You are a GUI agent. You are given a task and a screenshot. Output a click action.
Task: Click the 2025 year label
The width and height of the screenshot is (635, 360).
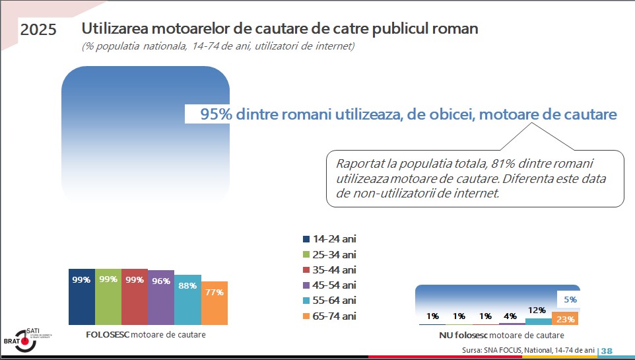pos(38,30)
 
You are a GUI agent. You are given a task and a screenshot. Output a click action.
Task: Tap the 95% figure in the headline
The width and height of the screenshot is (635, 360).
pos(216,114)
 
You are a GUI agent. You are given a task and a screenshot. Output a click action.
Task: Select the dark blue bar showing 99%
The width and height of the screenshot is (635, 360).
pos(81,297)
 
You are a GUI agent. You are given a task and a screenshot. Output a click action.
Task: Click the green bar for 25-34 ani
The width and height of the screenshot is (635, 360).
pos(108,297)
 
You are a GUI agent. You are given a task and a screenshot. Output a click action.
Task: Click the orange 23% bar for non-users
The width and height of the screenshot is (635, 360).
pos(565,319)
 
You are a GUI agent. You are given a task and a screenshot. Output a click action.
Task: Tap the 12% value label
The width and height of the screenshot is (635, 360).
pos(537,310)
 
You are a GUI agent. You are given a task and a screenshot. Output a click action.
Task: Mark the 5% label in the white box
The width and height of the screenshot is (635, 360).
pos(570,299)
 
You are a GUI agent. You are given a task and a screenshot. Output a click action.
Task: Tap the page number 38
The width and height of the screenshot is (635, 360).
pos(607,350)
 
